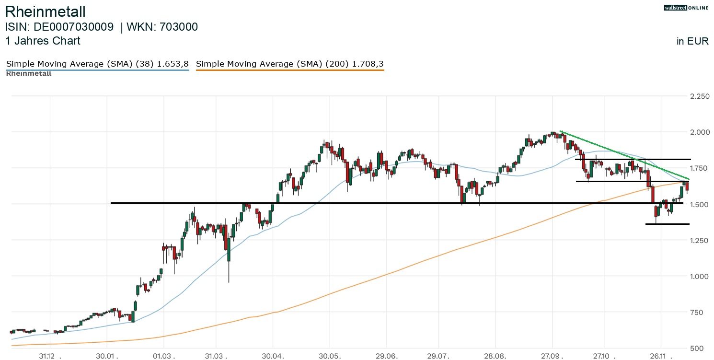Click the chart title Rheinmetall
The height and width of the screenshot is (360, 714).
[45, 12]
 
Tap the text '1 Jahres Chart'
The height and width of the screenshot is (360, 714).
[43, 41]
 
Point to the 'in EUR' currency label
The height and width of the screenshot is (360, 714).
[692, 41]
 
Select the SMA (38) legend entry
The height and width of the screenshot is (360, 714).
[97, 64]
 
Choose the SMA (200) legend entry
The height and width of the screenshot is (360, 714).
[290, 64]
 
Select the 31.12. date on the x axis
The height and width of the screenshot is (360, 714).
[48, 356]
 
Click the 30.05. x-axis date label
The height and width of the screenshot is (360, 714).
[329, 356]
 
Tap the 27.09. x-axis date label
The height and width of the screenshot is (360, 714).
[552, 356]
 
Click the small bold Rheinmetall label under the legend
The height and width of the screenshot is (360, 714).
[29, 73]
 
